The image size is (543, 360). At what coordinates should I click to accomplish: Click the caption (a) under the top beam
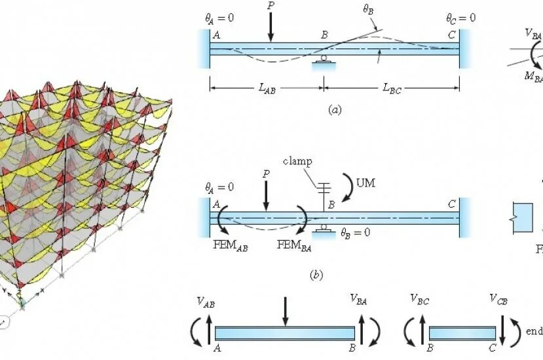coord(335,110)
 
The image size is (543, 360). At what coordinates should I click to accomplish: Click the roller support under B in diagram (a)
coord(324,61)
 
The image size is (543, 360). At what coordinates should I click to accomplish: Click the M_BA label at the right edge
coord(533,77)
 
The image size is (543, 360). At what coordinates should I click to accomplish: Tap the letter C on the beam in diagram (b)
coord(451,204)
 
